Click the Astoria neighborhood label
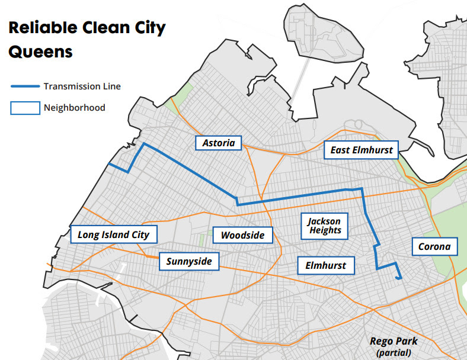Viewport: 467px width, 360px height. pos(219,143)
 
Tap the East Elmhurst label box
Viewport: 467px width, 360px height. pos(362,150)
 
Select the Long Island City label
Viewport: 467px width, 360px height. pos(113,234)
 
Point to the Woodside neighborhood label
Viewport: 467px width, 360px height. pos(242,235)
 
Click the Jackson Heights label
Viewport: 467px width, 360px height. pos(325,226)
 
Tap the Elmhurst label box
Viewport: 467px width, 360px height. pos(325,265)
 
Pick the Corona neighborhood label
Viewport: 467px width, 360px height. pos(434,246)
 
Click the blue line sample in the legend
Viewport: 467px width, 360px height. pos(24,86)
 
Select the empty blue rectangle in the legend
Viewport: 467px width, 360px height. pos(24,108)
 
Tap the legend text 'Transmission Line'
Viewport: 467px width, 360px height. pos(82,86)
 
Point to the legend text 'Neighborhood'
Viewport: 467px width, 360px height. pos(74,108)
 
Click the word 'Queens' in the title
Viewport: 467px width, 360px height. pos(40,52)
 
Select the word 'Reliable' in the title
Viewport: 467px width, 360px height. pos(41,28)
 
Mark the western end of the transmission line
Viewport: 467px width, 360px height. pos(108,164)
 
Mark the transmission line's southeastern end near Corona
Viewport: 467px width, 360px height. pos(401,277)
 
